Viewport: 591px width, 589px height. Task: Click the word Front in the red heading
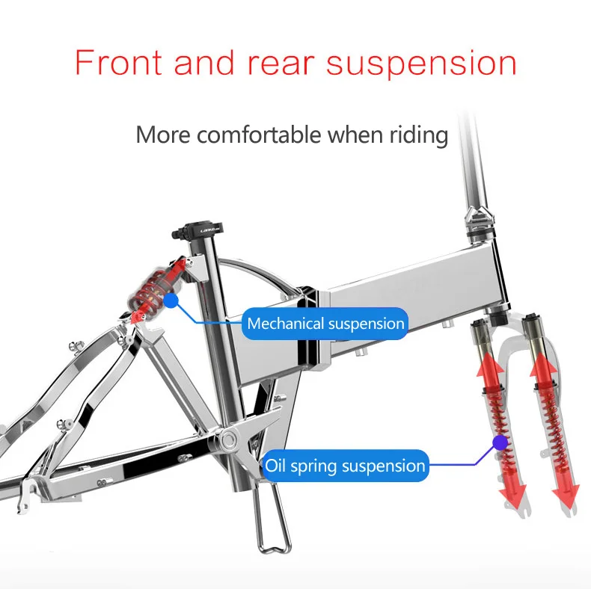119,62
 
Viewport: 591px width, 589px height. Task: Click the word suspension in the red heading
421,64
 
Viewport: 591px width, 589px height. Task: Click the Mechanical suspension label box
325,324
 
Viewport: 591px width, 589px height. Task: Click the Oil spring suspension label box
345,466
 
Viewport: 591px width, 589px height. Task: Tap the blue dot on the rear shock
171,301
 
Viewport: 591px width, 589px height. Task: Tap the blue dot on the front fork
499,442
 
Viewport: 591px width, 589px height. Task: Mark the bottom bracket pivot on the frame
227,437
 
